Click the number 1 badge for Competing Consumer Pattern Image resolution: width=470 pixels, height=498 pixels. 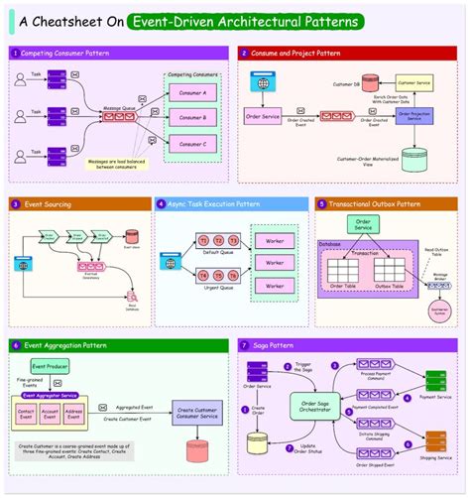(16, 52)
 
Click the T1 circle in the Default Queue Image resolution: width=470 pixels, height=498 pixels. (203, 241)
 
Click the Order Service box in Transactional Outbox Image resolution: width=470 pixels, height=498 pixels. (363, 224)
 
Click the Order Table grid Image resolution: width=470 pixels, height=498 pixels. (344, 270)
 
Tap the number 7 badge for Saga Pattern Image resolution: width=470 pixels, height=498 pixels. (244, 345)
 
